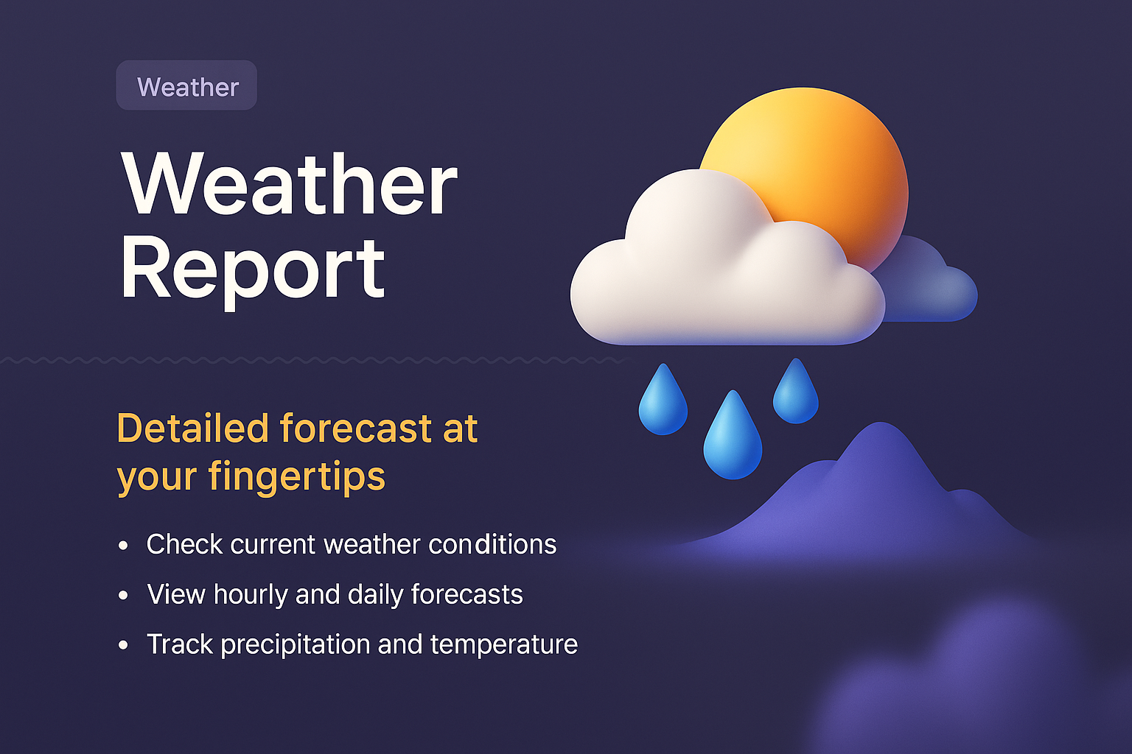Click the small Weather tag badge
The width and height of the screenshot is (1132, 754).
(187, 86)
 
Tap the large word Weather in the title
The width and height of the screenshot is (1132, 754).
(290, 184)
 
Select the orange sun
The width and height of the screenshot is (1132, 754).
(825, 162)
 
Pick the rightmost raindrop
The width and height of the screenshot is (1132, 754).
(795, 393)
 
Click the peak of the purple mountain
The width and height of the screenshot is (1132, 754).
(880, 431)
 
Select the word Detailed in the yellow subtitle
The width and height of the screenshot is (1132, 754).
(192, 429)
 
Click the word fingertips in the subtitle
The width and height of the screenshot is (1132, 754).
(296, 476)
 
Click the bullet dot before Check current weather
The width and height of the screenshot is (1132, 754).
(123, 546)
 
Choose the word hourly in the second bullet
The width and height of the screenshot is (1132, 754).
(250, 595)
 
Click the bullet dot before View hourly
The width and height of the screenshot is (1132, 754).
(123, 595)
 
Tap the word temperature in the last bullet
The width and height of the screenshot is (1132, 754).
(504, 645)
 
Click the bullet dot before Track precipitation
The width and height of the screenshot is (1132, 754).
(123, 645)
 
